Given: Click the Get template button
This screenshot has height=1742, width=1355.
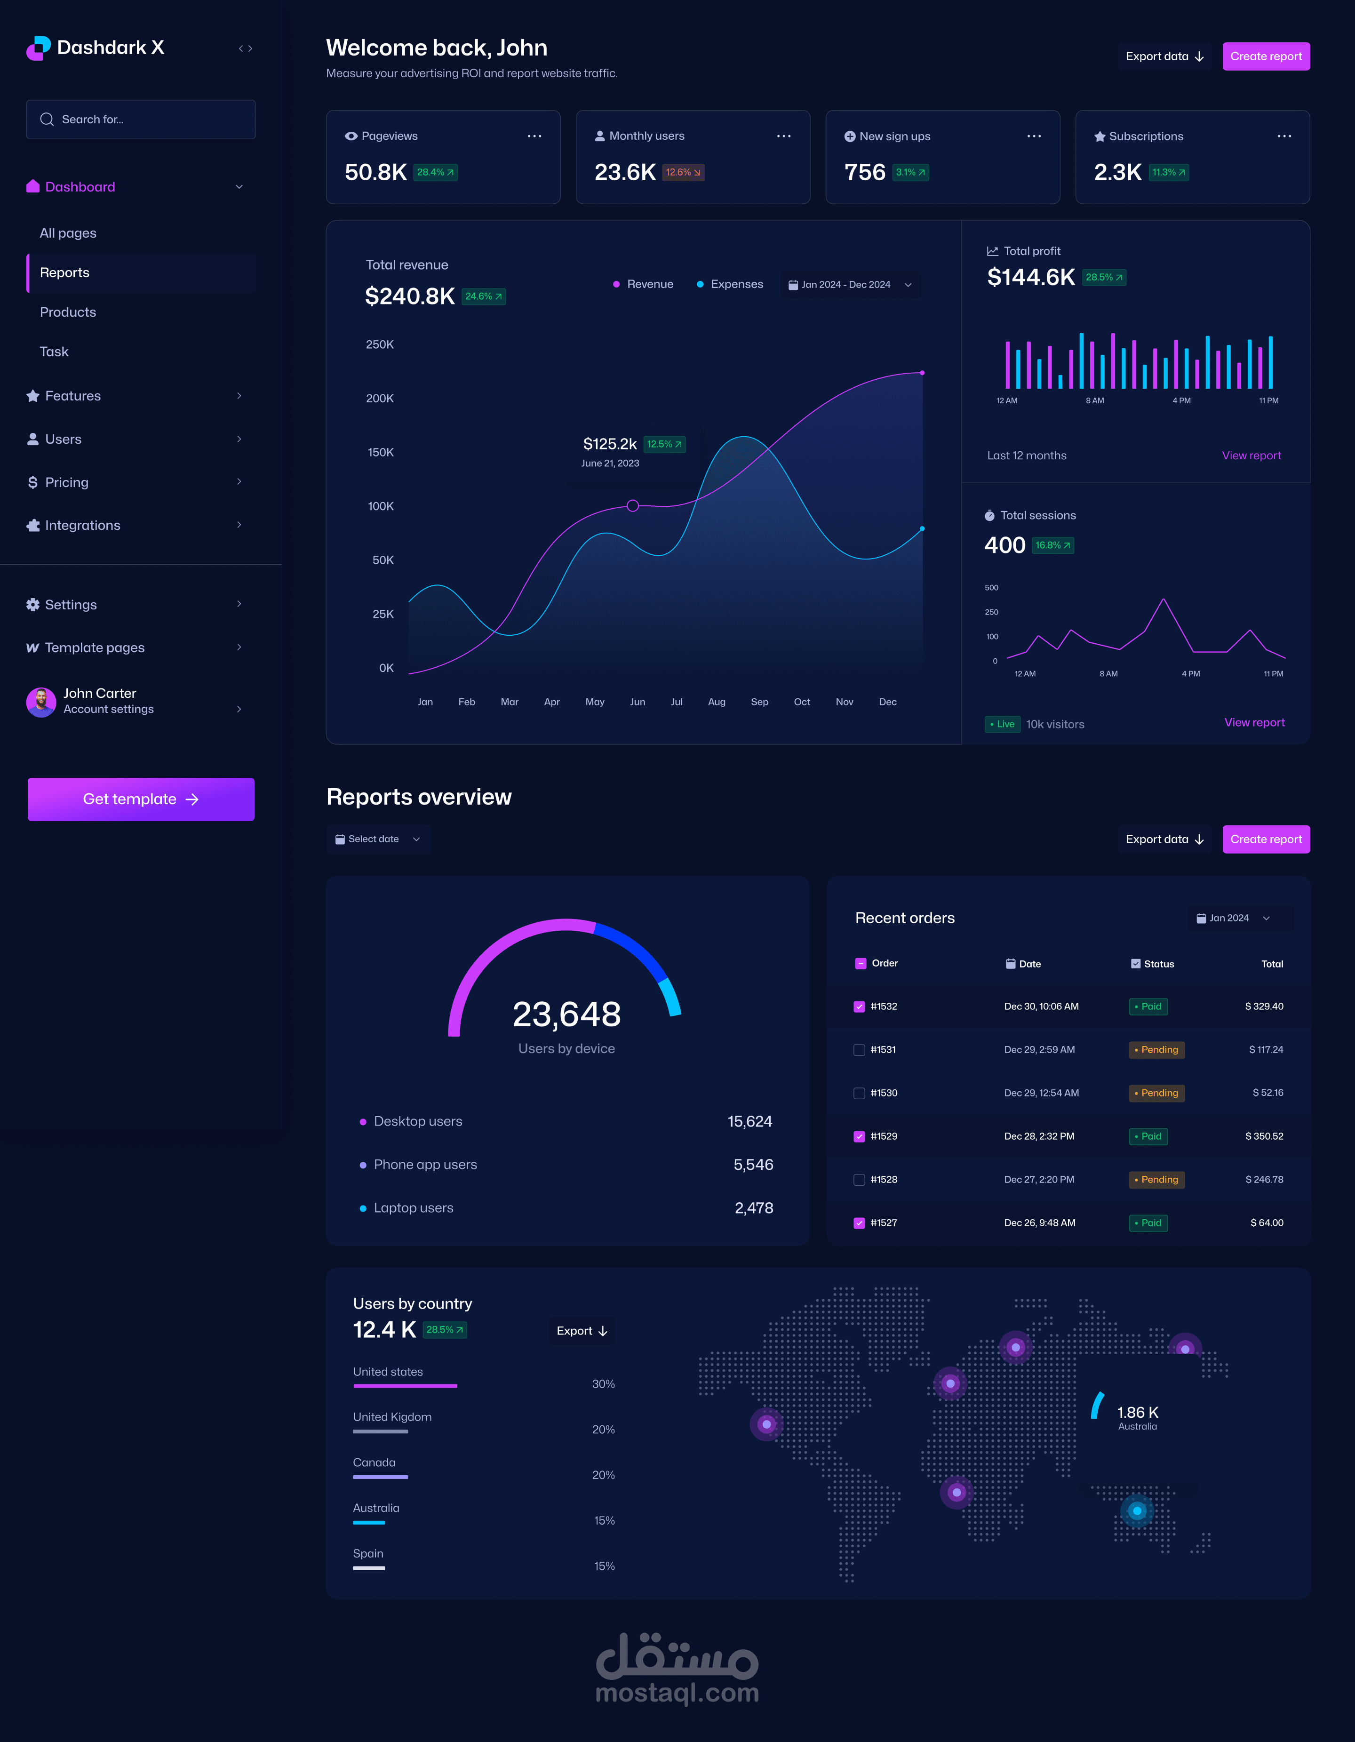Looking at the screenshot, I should (x=140, y=799).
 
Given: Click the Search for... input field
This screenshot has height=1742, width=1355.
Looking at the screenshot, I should (x=141, y=120).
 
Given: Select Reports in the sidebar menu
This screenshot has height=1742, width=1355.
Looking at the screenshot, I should (x=64, y=273).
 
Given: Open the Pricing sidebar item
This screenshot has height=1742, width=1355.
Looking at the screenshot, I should (x=67, y=483).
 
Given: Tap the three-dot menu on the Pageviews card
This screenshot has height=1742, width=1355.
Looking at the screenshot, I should (x=534, y=136).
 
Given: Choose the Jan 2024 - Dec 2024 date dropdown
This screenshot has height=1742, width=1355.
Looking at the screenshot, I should (x=849, y=285).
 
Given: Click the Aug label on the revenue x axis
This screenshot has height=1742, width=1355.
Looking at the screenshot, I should (x=716, y=702).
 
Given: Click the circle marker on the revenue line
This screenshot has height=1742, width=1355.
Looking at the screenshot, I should (x=632, y=506).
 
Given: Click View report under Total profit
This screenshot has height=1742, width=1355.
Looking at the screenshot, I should (x=1251, y=455).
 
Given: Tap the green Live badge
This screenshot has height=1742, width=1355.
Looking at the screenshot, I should (x=1003, y=724).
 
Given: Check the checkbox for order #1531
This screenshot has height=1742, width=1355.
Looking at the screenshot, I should (x=859, y=1050).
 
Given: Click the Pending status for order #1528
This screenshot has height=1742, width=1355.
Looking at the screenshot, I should (x=1156, y=1180).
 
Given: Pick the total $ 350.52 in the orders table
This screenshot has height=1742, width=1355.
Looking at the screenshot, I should (x=1264, y=1136).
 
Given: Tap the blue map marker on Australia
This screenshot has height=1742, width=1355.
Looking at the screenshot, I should (x=1137, y=1510).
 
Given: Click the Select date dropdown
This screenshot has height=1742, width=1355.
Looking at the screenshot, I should (x=378, y=839).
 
